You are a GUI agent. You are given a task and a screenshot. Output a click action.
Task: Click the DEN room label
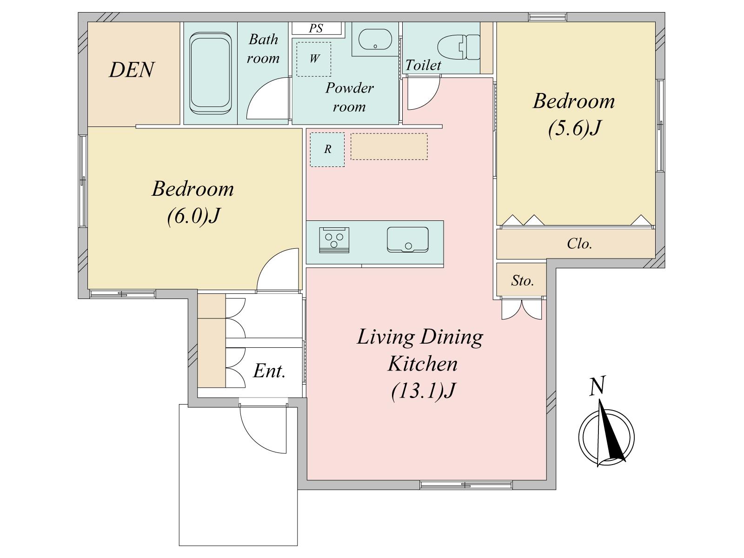[x=132, y=70]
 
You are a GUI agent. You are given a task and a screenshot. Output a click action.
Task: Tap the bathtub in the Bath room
[x=211, y=73]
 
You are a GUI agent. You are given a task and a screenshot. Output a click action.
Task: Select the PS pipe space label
[x=316, y=28]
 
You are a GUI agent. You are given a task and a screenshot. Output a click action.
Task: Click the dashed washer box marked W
[x=314, y=60]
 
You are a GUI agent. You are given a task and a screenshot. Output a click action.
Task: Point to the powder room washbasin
[x=375, y=40]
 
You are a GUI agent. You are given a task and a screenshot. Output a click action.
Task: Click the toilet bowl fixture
[x=458, y=47]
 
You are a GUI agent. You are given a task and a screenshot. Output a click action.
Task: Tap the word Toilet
[x=423, y=65]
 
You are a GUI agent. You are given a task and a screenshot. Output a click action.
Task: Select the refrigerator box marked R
[x=327, y=149]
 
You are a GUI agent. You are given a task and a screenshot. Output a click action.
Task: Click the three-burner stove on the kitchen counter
[x=334, y=240]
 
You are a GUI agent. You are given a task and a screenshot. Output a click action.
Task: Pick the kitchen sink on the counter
[x=407, y=239]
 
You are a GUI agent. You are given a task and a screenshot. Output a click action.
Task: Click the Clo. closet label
[x=579, y=244]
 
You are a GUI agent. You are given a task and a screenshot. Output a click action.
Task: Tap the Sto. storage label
[x=522, y=280]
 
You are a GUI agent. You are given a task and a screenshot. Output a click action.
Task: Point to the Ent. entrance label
[x=269, y=371]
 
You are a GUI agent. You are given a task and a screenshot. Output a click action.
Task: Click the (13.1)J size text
[x=423, y=392]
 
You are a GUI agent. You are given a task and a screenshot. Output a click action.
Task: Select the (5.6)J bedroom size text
[x=574, y=128]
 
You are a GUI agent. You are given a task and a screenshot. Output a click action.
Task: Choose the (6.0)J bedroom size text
[x=193, y=216]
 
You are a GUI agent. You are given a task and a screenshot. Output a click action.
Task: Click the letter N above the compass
[x=597, y=386]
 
